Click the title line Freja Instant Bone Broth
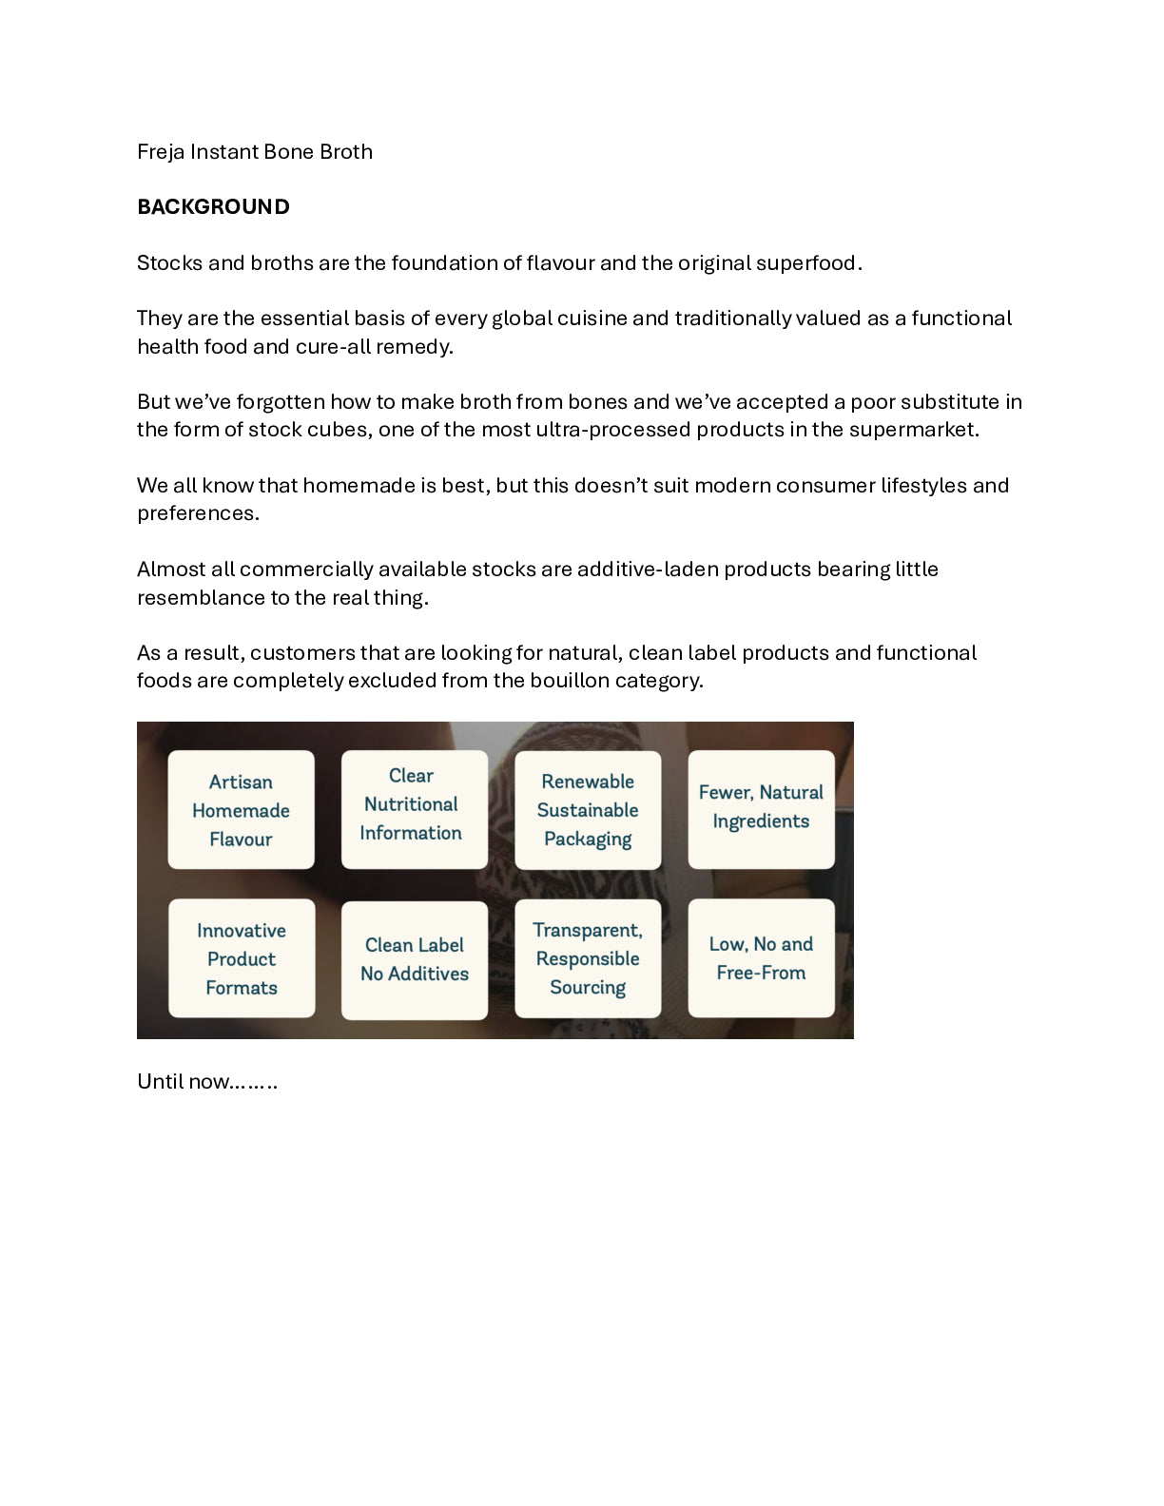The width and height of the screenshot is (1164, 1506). click(254, 152)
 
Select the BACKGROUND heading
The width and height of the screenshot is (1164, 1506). click(213, 207)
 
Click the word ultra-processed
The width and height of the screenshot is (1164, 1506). click(613, 430)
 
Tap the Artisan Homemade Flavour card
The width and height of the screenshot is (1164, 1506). click(241, 810)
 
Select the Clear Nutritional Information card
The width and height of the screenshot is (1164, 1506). click(414, 809)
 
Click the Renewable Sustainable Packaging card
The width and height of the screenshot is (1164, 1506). click(588, 810)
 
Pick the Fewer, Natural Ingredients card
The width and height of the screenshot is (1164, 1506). click(761, 809)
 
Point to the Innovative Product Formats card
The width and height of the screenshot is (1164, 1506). click(242, 958)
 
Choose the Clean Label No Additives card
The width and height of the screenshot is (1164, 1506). click(414, 959)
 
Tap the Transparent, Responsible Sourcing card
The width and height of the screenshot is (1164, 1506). click(588, 958)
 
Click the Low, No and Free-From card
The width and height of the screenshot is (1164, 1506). click(761, 958)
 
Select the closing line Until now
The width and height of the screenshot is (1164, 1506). click(206, 1082)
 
